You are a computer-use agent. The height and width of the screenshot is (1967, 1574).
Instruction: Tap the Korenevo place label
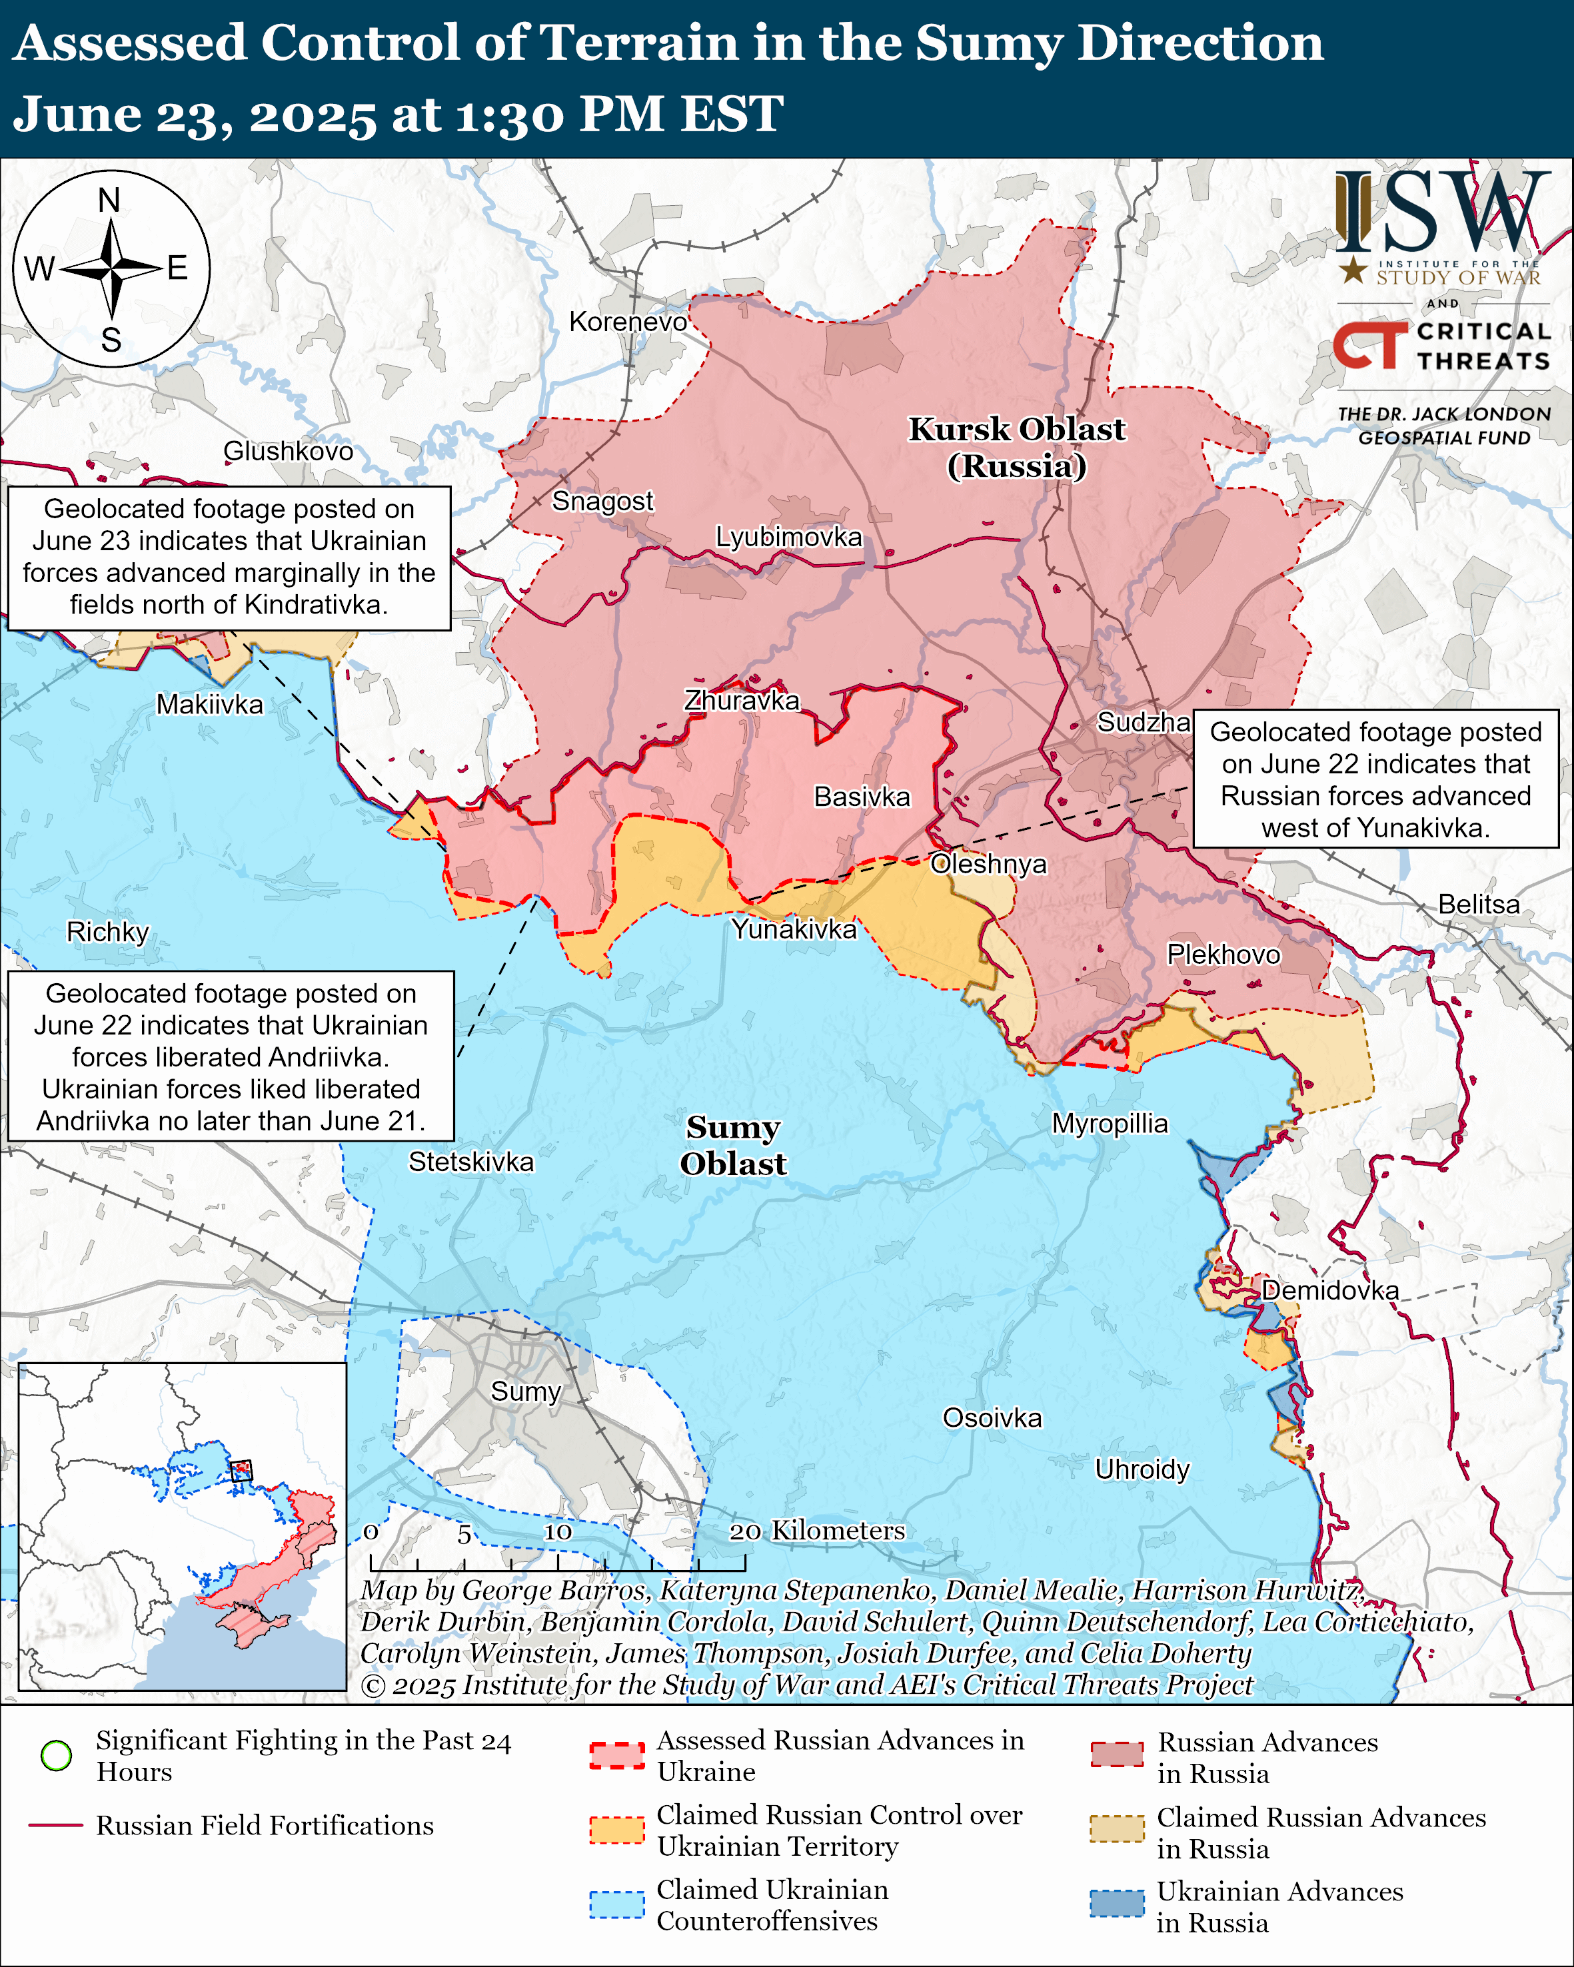[x=628, y=321]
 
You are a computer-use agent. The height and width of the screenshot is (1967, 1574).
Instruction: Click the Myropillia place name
[x=1110, y=1123]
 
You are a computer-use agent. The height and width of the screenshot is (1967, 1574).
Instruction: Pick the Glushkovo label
[x=289, y=451]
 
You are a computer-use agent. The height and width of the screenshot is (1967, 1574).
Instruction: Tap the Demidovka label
[x=1329, y=1290]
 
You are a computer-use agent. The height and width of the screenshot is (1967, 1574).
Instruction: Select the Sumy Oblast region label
[x=733, y=1145]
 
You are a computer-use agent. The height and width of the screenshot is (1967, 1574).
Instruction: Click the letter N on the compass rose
[x=109, y=200]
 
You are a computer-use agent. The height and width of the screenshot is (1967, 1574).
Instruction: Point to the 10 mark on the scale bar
[x=558, y=1532]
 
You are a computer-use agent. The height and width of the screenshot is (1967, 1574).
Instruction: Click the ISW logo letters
[x=1441, y=212]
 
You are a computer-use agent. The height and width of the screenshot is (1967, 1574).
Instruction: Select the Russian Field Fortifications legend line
[x=57, y=1826]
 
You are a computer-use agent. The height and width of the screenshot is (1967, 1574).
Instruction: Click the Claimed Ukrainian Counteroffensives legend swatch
[x=617, y=1905]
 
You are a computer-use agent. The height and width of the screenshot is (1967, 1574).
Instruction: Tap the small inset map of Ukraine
[x=183, y=1525]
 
